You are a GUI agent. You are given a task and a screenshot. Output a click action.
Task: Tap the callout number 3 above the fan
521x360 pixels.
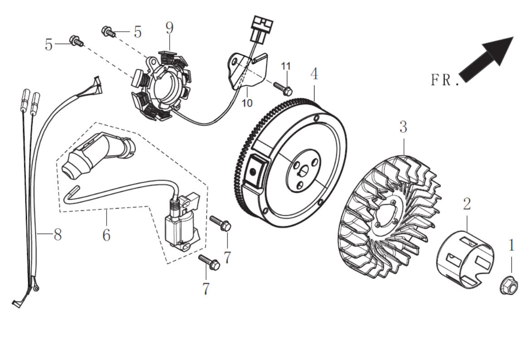pos(403,127)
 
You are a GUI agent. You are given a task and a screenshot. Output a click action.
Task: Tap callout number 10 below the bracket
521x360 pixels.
pos(247,103)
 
